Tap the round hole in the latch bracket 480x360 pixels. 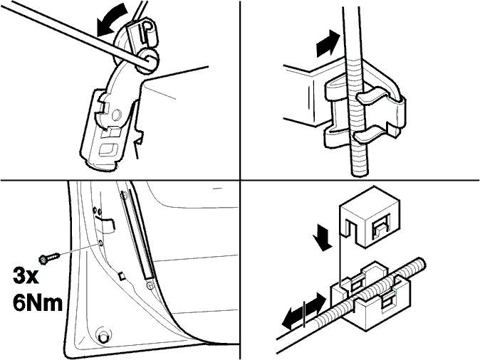[x=116, y=115]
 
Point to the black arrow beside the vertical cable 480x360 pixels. [x=328, y=44]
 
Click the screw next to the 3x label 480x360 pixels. [x=49, y=258]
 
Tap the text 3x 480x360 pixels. [x=26, y=276]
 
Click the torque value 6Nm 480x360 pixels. [x=37, y=303]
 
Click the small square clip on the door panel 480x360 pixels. [x=122, y=275]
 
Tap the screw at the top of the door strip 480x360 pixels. [x=124, y=195]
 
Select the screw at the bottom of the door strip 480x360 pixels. [x=150, y=285]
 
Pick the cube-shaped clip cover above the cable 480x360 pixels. [x=369, y=216]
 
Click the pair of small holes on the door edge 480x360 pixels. [x=98, y=211]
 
